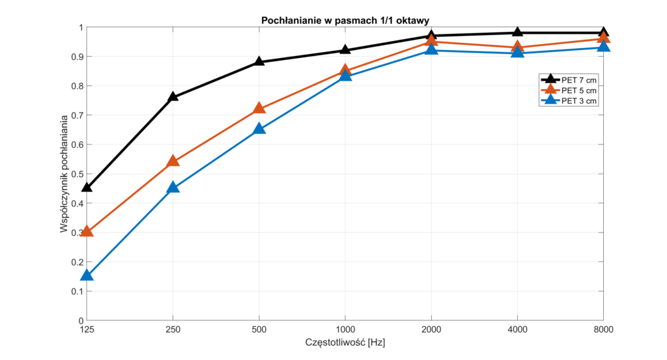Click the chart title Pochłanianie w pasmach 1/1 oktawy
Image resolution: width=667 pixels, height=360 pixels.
(x=345, y=21)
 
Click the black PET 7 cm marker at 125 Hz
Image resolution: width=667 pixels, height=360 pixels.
(x=87, y=187)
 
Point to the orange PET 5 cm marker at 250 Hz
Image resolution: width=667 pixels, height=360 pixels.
(x=173, y=161)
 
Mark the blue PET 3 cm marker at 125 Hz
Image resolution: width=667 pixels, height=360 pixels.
(x=87, y=275)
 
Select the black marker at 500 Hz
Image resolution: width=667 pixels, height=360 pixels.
(x=259, y=62)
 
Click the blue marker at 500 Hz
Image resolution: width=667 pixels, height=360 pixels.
(x=259, y=129)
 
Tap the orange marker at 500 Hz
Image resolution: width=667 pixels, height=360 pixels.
(x=259, y=109)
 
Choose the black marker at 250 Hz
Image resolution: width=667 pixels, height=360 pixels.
(x=173, y=97)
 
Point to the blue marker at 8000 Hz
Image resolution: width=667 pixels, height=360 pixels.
(x=604, y=46)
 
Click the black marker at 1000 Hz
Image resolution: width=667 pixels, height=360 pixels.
(x=345, y=50)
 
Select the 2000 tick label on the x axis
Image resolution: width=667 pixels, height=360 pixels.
(x=431, y=330)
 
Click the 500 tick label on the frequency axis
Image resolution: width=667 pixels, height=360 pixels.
(x=259, y=330)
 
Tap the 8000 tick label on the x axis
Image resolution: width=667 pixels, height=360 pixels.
(x=604, y=330)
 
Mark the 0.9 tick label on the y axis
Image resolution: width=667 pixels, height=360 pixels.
(x=77, y=57)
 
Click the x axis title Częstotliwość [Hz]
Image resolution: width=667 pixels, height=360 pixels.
(x=345, y=342)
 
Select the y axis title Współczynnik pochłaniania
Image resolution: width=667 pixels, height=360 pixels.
(x=64, y=174)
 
